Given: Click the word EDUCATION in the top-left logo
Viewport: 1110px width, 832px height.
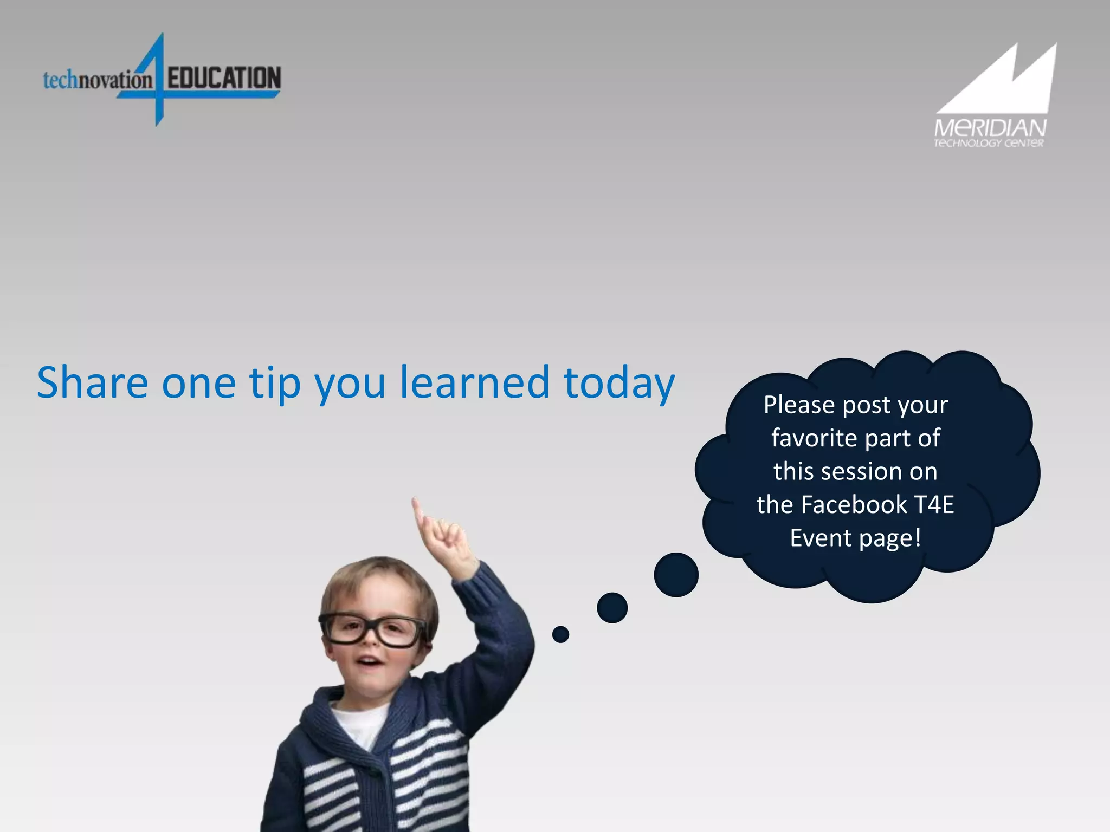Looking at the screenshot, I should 224,78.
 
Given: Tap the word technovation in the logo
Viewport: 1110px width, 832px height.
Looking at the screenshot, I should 98,80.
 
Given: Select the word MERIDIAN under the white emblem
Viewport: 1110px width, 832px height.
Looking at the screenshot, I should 990,128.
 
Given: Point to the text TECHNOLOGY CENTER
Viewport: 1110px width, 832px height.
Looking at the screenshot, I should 989,144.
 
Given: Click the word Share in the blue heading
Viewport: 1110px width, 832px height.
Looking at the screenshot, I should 92,382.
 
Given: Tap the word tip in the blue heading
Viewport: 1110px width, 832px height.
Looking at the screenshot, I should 275,383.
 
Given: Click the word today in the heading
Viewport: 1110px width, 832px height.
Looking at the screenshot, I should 619,383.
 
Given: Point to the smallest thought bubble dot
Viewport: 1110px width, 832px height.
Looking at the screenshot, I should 560,634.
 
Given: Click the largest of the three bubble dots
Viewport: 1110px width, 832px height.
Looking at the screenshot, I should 676,575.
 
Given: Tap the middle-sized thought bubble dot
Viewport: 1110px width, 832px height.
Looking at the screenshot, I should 612,607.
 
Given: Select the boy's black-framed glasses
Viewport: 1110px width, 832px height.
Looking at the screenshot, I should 374,630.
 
